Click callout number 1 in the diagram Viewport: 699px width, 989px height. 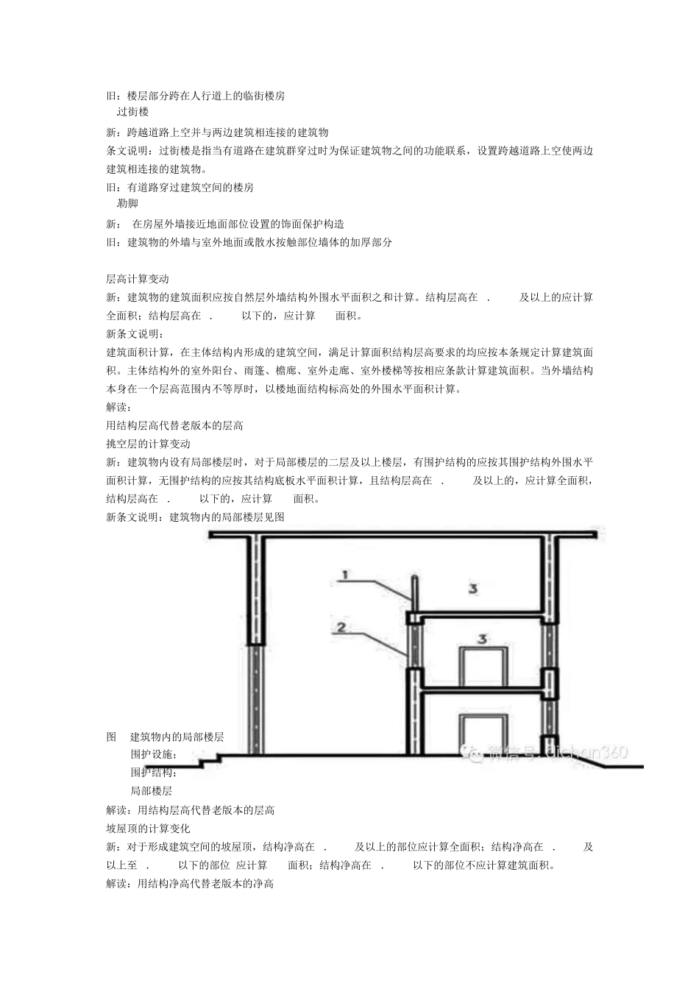(344, 575)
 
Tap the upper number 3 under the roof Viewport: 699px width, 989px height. (474, 587)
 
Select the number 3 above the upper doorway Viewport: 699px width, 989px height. (482, 639)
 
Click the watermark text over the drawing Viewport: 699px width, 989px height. (544, 751)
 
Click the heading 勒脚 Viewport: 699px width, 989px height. (127, 203)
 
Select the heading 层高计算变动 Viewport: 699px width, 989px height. (138, 279)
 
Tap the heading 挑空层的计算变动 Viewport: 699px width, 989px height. (148, 444)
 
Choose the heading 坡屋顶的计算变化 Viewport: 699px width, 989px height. (148, 828)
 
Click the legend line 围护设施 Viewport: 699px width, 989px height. (154, 754)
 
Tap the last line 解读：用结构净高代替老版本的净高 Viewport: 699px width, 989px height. (190, 883)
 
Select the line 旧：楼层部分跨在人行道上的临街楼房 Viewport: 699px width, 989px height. (196, 96)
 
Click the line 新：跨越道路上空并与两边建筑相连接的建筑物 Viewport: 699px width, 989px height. (217, 132)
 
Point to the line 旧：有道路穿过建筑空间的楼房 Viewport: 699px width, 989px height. (180, 188)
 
